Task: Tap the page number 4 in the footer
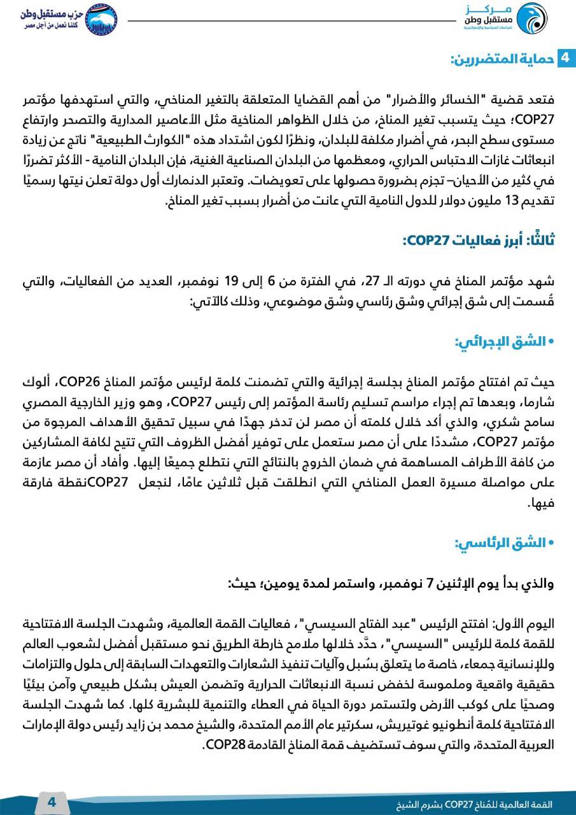click(52, 802)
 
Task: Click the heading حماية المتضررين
click(501, 60)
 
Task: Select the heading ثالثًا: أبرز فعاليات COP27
click(479, 240)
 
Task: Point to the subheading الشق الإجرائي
click(500, 342)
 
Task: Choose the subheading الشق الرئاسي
click(500, 544)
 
